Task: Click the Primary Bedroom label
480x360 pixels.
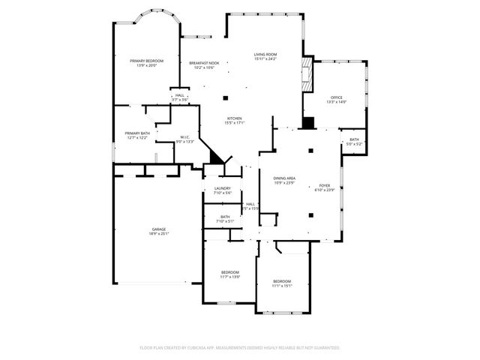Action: (146, 60)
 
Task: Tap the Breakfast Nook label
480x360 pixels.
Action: (204, 63)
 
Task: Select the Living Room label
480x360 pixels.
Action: (265, 54)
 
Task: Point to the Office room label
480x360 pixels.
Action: (336, 97)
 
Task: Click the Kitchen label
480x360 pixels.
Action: (235, 118)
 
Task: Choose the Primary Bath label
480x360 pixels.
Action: (137, 133)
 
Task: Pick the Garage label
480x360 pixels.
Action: (159, 229)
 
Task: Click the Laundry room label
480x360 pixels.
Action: (222, 188)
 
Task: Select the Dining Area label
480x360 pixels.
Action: (284, 178)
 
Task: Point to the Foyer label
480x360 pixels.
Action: (325, 184)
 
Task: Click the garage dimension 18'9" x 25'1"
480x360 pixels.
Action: (159, 234)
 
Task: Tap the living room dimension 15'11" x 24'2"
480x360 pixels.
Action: (265, 59)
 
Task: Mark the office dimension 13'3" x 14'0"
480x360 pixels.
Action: (336, 102)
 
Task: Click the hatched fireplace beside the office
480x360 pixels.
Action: (305, 75)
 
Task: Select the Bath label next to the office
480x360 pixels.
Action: (354, 139)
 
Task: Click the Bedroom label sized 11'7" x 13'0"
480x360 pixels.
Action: (229, 271)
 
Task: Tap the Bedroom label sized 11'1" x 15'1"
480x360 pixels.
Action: (282, 280)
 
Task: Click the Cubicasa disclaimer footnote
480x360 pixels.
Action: (240, 347)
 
